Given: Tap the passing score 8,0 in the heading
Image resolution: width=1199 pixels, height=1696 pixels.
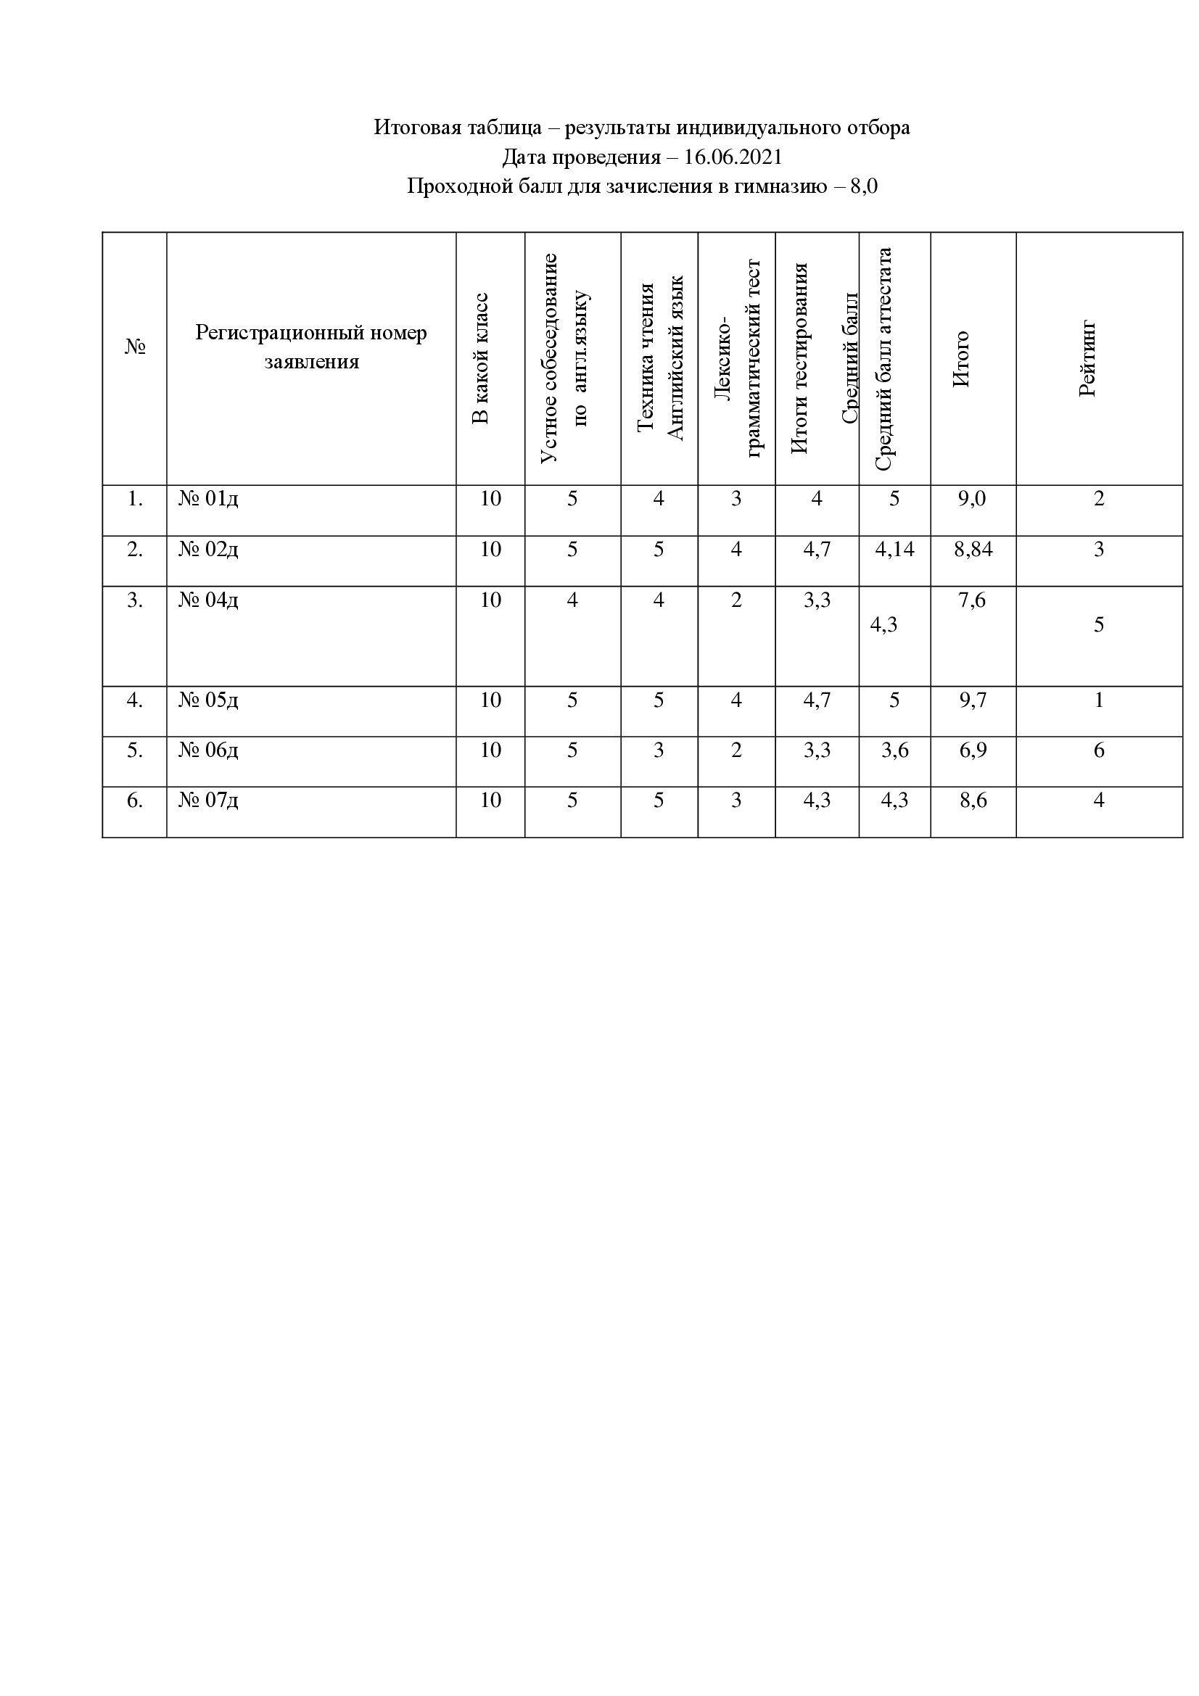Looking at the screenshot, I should (864, 186).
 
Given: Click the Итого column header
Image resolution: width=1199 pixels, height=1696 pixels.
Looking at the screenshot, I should (960, 359).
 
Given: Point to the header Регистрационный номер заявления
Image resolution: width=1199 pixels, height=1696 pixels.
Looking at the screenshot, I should (311, 347).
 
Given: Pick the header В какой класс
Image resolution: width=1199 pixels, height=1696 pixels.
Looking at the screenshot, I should (480, 359).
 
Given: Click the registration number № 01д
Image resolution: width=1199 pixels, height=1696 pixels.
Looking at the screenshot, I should (208, 500).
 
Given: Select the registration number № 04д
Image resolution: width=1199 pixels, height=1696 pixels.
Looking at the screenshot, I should (208, 600).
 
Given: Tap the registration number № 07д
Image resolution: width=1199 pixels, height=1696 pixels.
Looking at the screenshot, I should (208, 801).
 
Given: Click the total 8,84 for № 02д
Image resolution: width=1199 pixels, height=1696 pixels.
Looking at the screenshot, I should (972, 550).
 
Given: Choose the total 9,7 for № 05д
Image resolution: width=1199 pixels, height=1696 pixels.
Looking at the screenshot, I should (972, 700).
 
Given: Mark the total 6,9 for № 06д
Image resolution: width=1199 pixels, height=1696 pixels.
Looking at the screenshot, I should (972, 750).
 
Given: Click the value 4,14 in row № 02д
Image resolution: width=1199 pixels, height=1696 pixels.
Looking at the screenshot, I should (894, 550).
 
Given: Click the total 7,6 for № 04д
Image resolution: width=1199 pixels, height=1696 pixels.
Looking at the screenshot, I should (972, 600).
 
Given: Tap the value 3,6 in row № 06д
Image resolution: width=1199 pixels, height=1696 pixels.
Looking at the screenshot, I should (894, 750).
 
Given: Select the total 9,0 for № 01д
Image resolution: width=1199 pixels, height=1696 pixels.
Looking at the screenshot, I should (972, 500).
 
